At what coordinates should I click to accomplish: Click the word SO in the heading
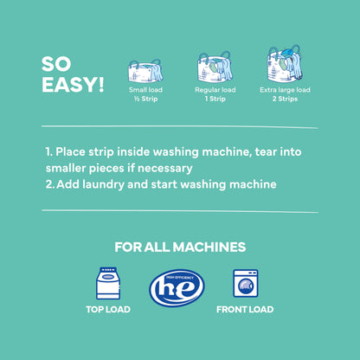click(x=57, y=66)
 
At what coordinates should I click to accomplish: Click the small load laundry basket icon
click(x=145, y=71)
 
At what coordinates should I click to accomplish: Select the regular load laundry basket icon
click(x=215, y=68)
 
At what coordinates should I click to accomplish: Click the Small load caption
click(x=145, y=89)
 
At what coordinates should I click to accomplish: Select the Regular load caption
click(x=215, y=89)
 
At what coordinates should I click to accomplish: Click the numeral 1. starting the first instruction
click(x=48, y=151)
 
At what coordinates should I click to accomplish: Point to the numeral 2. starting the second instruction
click(x=49, y=184)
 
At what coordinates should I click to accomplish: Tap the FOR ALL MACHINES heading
click(x=179, y=247)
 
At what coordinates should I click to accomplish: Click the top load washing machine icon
click(x=107, y=284)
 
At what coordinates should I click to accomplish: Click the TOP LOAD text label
click(x=108, y=310)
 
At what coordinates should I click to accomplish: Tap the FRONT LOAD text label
click(x=246, y=310)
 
